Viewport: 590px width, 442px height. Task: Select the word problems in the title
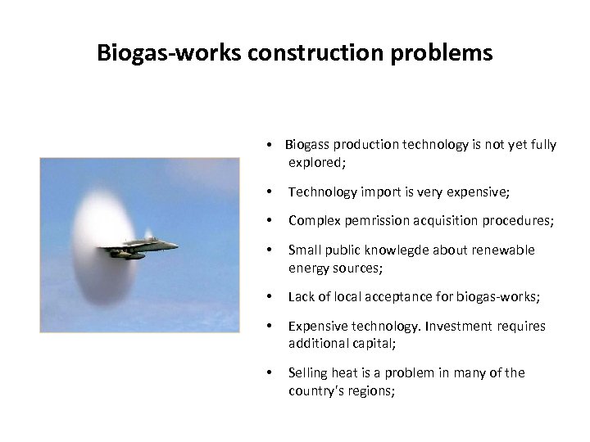coord(446,53)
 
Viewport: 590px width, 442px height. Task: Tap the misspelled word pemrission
coord(375,221)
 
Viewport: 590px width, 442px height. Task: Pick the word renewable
coord(504,250)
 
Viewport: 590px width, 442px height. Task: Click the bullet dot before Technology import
coord(270,193)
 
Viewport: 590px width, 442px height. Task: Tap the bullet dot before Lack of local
coord(270,296)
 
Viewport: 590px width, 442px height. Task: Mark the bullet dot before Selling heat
coord(270,373)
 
